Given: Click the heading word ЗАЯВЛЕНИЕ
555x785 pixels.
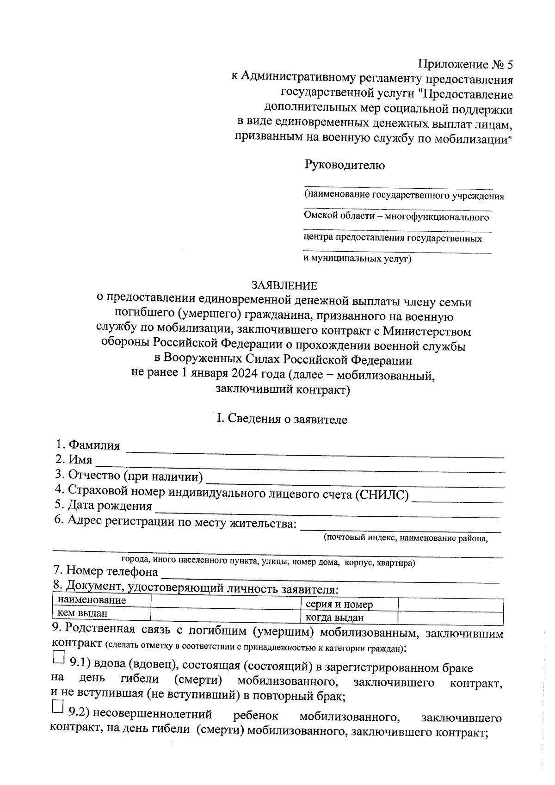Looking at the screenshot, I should pyautogui.click(x=284, y=285).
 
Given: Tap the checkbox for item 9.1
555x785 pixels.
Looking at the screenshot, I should pyautogui.click(x=58, y=657).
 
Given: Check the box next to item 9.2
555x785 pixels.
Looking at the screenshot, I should pyautogui.click(x=58, y=707).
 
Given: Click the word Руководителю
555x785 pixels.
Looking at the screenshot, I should pyautogui.click(x=344, y=165).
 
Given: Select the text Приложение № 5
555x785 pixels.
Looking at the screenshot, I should pyautogui.click(x=466, y=64).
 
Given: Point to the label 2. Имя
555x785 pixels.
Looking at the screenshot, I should pyautogui.click(x=74, y=460).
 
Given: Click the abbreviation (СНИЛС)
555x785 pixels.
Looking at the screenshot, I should pyautogui.click(x=382, y=495).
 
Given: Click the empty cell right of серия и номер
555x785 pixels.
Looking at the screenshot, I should pyautogui.click(x=450, y=605).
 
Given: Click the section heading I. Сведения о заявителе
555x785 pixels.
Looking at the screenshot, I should pyautogui.click(x=282, y=419).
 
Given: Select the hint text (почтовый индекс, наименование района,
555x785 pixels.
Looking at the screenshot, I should pyautogui.click(x=406, y=538).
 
